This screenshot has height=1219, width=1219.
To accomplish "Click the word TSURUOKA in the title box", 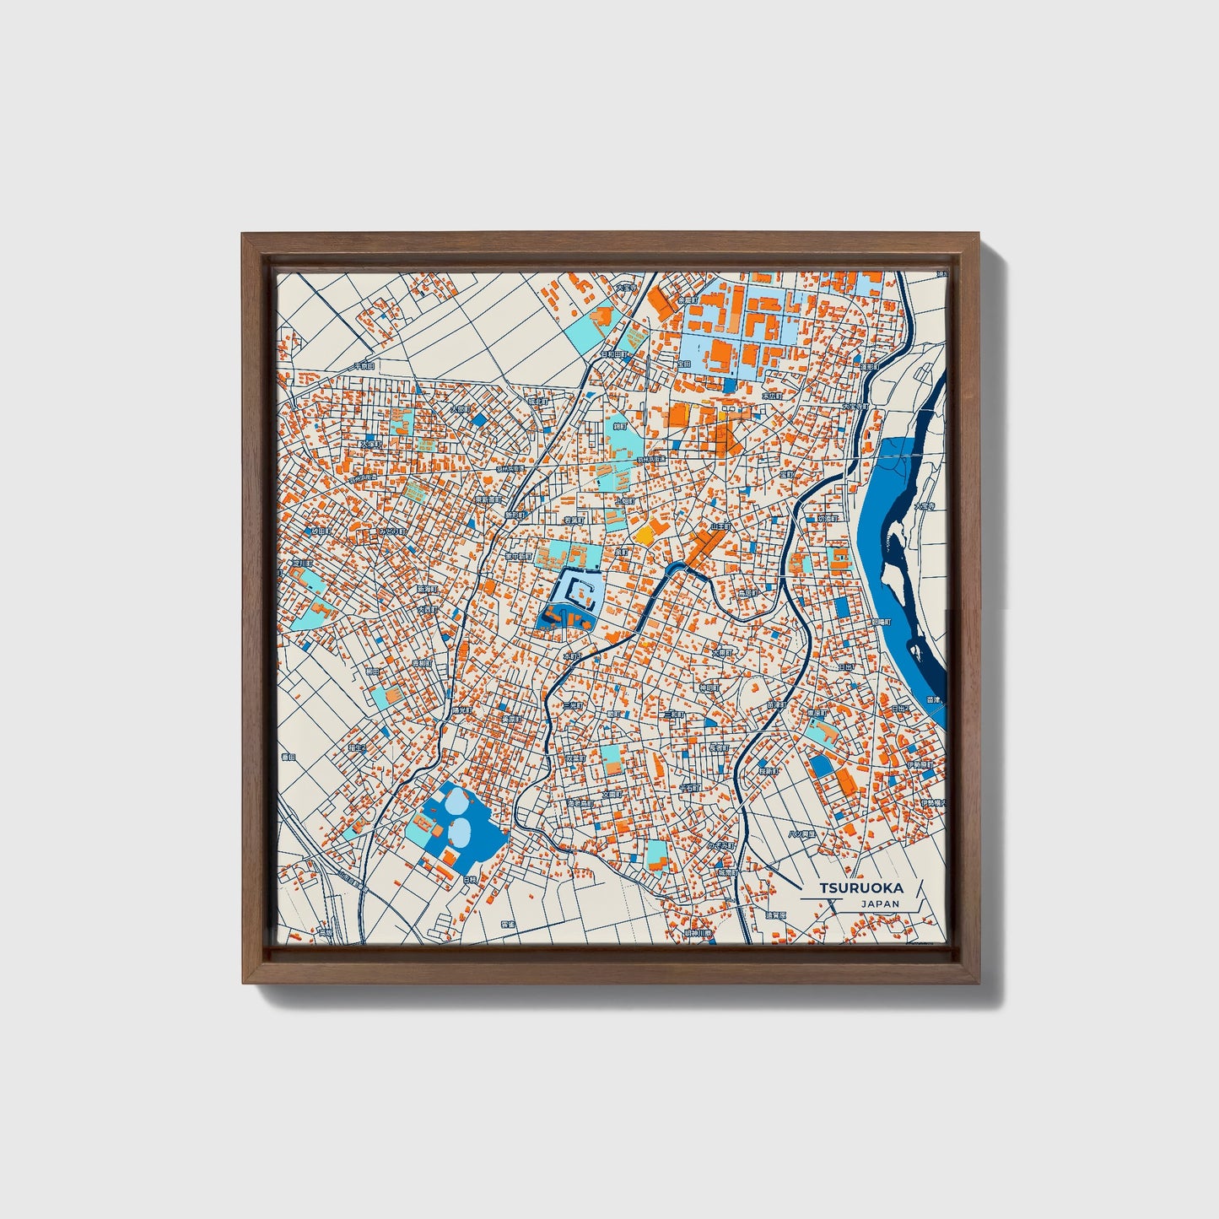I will [x=860, y=887].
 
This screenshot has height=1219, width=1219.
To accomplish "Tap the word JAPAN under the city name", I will [x=880, y=903].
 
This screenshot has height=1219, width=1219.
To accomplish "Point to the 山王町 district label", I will [x=720, y=526].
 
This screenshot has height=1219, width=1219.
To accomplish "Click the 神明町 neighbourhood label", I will [x=708, y=688].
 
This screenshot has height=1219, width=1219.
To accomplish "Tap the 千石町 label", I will [x=689, y=787].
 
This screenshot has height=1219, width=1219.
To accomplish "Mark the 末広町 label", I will [x=772, y=395].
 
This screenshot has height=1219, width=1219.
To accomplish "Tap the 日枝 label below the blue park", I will [x=470, y=880].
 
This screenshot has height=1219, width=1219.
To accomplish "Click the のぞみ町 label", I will [x=721, y=844].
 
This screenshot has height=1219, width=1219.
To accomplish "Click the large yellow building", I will [x=645, y=533].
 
